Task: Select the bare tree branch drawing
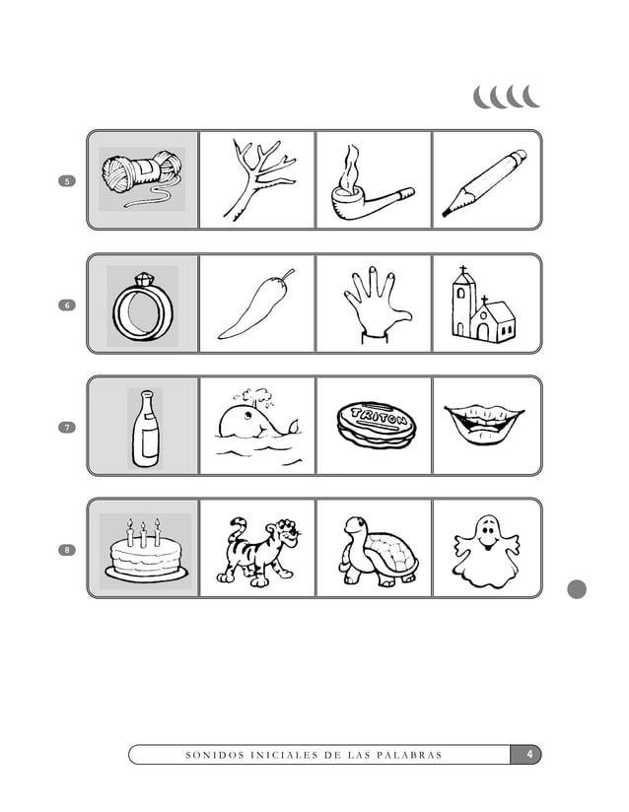point(257,179)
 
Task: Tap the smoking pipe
point(366,185)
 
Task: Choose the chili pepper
point(255,304)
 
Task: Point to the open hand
point(372,305)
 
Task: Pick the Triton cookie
point(376,424)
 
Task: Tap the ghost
point(484,549)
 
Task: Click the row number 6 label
point(67,304)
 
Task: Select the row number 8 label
point(67,549)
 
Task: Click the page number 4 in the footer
point(529,755)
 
